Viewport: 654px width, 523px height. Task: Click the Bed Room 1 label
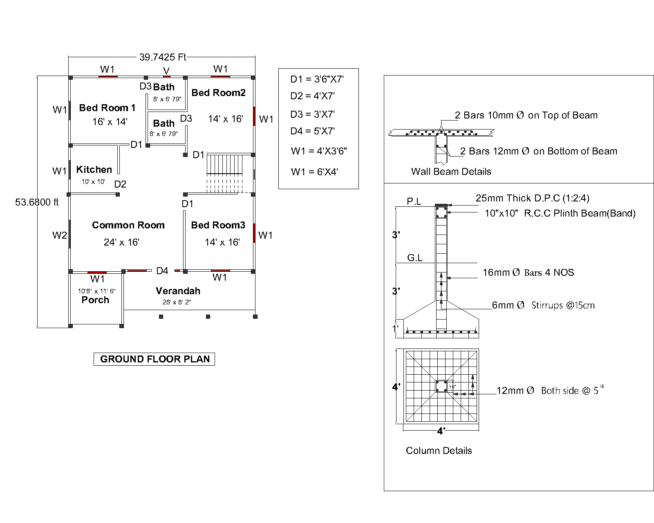pyautogui.click(x=107, y=108)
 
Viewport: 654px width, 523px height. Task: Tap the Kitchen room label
pyautogui.click(x=94, y=170)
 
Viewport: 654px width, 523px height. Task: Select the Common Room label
pyautogui.click(x=128, y=225)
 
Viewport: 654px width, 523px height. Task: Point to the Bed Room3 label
pyautogui.click(x=218, y=225)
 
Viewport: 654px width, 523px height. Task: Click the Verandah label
pyautogui.click(x=178, y=291)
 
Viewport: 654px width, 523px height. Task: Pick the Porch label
pyautogui.click(x=95, y=300)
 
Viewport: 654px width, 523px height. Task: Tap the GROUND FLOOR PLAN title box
pyautogui.click(x=155, y=359)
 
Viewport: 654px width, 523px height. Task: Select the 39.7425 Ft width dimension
pyautogui.click(x=162, y=57)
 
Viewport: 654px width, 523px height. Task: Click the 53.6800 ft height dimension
pyautogui.click(x=37, y=202)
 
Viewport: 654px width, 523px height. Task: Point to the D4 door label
pyautogui.click(x=162, y=270)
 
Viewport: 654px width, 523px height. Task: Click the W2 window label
pyautogui.click(x=59, y=235)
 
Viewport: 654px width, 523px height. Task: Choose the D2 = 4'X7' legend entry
pyautogui.click(x=312, y=96)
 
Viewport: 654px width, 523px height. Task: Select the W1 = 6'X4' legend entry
pyautogui.click(x=314, y=172)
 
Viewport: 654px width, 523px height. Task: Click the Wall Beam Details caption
pyautogui.click(x=451, y=172)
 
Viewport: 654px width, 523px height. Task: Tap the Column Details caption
pyautogui.click(x=439, y=451)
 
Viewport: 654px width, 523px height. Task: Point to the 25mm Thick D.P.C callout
pyautogui.click(x=532, y=198)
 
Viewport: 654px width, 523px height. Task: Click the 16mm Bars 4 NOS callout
pyautogui.click(x=528, y=273)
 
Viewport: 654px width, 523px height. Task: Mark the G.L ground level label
pyautogui.click(x=414, y=258)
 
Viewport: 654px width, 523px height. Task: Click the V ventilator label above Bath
pyautogui.click(x=166, y=71)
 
